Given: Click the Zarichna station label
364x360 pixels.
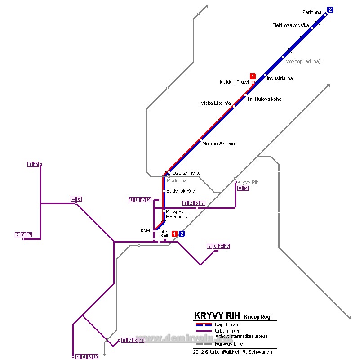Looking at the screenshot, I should (x=312, y=12).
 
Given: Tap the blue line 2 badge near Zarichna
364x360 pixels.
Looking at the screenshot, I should (x=330, y=9).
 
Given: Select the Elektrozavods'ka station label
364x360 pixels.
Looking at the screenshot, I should (x=290, y=26).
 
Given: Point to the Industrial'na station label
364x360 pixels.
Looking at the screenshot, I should (x=280, y=78).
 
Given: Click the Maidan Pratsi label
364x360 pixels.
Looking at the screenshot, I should (x=234, y=82).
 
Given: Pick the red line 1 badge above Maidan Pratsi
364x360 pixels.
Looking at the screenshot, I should (x=253, y=76).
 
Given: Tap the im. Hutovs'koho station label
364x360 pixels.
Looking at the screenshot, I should (x=265, y=99).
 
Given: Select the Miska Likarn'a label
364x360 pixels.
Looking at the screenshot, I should (x=215, y=103).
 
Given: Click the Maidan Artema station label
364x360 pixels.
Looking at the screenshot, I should (x=218, y=144).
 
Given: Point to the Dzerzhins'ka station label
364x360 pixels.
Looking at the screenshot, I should (x=186, y=173).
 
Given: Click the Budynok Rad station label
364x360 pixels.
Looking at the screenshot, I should (x=181, y=191).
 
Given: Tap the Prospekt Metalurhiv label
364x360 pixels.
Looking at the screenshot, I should (x=177, y=214).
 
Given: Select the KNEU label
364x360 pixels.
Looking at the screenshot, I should (x=146, y=231).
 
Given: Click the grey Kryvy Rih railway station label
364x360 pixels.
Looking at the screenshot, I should (x=248, y=182).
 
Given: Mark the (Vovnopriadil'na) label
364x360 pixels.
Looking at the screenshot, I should (x=302, y=61).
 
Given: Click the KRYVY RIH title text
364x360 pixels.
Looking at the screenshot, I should (x=218, y=315).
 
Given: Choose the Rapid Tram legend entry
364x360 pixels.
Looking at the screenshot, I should (x=227, y=324).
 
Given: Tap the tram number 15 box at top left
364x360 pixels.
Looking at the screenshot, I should (x=36, y=165).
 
